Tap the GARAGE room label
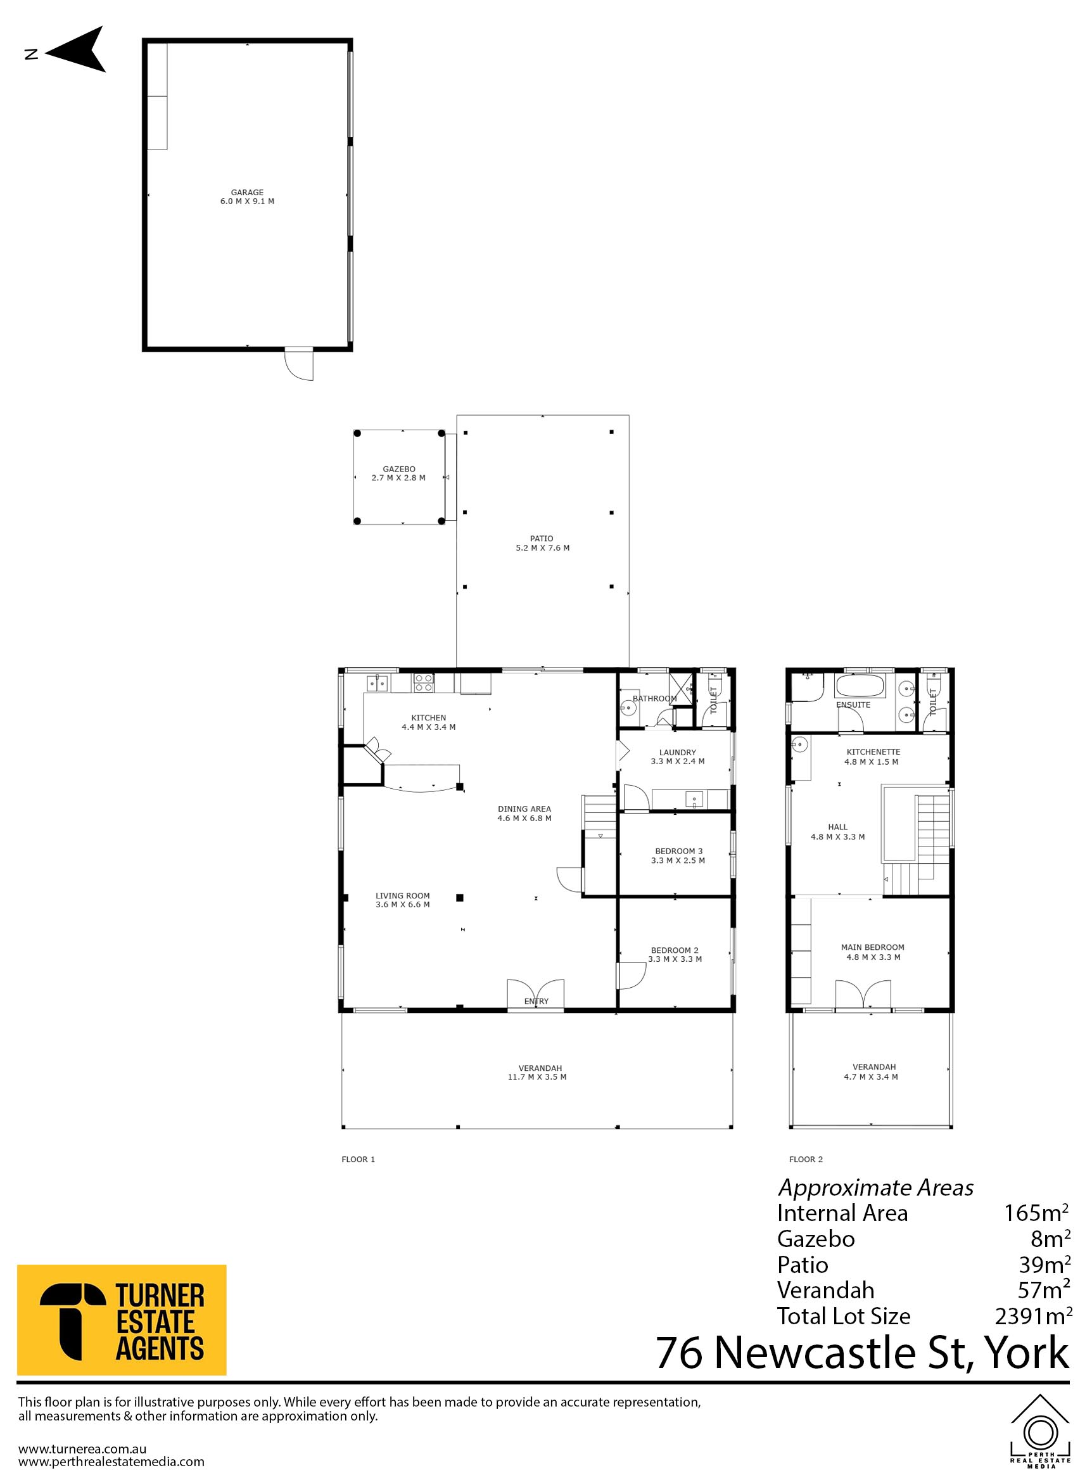click(247, 193)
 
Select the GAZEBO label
click(398, 469)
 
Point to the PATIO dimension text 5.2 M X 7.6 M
click(542, 547)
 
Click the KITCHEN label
click(428, 717)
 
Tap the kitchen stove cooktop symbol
click(423, 682)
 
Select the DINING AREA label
click(524, 808)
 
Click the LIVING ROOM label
click(403, 896)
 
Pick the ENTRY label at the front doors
click(536, 1001)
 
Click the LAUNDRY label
click(678, 752)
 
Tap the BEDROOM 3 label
click(679, 851)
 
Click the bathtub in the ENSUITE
click(860, 685)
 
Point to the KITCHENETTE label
click(873, 752)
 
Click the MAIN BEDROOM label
click(873, 947)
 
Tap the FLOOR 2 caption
click(806, 1159)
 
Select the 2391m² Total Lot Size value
click(1033, 1316)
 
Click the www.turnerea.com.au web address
click(82, 1449)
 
